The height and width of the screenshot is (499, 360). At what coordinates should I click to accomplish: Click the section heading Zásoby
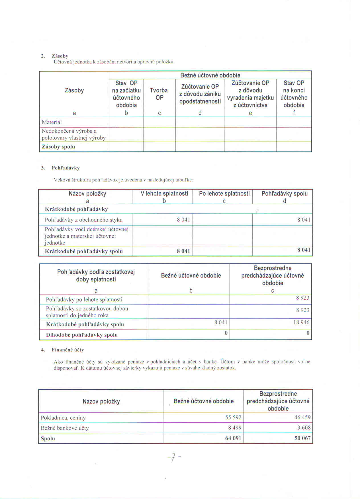pos(60,56)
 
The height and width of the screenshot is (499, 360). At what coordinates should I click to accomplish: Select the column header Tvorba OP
pos(159,94)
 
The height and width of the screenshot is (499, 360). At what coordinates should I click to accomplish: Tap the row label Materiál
pos(52,122)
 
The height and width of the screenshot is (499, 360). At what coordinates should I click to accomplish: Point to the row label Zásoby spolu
pos(58,147)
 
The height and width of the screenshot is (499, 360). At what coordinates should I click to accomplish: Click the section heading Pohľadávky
pos(66,168)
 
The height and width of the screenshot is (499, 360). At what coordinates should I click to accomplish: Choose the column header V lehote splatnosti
pos(164,193)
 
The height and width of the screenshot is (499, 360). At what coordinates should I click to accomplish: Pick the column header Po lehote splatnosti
pos(224,193)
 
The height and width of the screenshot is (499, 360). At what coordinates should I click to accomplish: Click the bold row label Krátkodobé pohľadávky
pos(76,209)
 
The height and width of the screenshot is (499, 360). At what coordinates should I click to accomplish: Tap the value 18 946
pos(301,322)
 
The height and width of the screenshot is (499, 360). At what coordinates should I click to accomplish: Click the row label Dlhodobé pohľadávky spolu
pos(82,335)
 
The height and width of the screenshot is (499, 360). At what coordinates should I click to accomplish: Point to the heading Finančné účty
pos(68,350)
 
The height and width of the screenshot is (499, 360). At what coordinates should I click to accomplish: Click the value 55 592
pos(233,418)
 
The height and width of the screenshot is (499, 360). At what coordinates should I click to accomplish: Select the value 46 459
pos(302,418)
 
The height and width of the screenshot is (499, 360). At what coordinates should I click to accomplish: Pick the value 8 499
pos(235,428)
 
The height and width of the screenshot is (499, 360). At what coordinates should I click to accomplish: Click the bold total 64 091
pos(233,438)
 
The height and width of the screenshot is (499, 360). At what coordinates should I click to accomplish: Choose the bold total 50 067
pos(302,438)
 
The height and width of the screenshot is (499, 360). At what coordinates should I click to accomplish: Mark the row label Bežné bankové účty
pos(65,428)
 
